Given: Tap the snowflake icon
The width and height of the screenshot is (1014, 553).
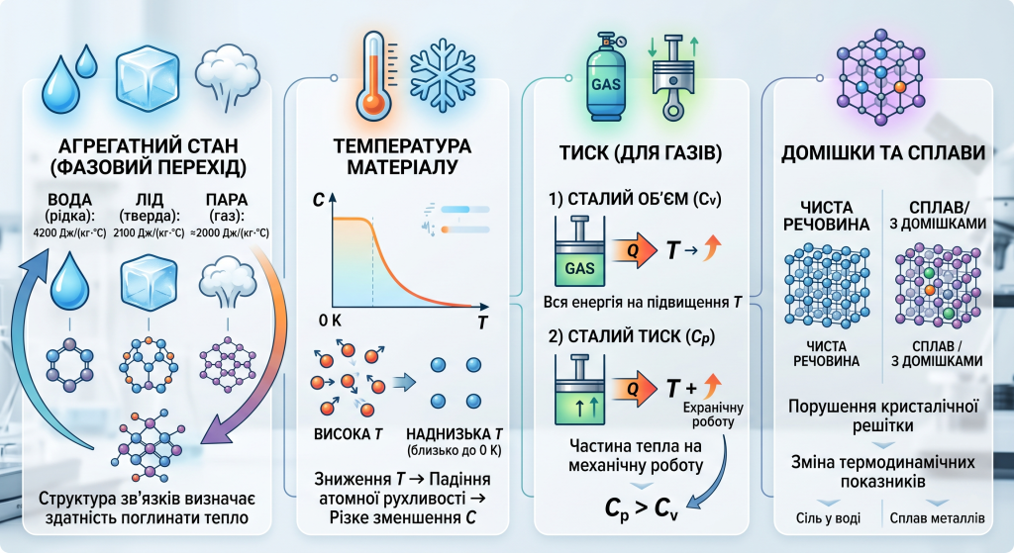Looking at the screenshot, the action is pos(444,76).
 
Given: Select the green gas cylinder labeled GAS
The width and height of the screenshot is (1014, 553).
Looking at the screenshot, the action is pos(605,77).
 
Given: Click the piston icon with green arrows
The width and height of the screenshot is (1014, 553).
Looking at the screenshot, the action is pos(672,78).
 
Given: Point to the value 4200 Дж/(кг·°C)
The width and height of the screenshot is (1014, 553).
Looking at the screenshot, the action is pos(69,232).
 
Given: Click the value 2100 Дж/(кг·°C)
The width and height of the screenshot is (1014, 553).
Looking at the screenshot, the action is pos(149,232).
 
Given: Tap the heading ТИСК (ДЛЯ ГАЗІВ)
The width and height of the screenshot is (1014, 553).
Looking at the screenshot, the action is pos(641,153).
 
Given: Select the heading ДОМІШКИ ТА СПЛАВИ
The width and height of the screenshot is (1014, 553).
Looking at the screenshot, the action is pos(882,153).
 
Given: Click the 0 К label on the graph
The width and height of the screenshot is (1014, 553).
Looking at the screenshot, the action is pos(330,321).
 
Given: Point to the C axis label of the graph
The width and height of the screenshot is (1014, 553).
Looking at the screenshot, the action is pos(318,200).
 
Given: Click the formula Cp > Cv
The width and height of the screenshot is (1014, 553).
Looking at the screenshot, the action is pos(642,508).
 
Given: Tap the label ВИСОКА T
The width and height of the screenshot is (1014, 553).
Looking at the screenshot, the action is pos(349,434).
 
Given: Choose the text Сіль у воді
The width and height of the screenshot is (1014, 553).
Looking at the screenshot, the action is pos(829,518).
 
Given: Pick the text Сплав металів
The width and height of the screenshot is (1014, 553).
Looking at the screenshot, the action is pos(937,518).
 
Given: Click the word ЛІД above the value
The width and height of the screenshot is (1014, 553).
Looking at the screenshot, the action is pos(150,200).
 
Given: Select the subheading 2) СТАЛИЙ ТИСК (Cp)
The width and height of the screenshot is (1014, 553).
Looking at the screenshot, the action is pos(632,336).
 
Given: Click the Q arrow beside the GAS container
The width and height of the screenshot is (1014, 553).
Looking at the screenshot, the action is pos(633,250).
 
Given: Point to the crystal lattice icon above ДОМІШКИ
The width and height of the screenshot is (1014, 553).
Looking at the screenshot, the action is pos(880,77).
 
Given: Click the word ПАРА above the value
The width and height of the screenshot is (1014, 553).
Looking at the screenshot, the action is pos(227,200).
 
